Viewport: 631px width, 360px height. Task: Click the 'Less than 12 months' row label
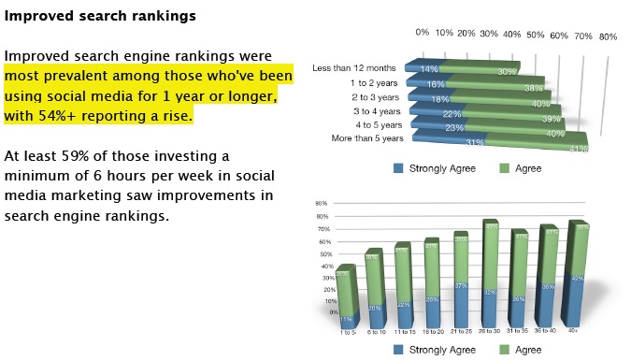coord(362,68)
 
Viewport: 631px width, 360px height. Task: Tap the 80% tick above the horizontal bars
coord(608,36)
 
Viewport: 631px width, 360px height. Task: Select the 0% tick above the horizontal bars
coord(423,33)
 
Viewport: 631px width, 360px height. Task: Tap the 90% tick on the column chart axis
coord(322,203)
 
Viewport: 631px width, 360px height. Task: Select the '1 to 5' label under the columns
coord(348,333)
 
